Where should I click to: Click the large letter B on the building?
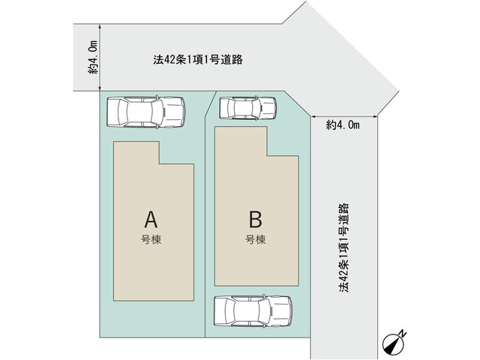[255, 219]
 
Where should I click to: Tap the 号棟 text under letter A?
[151, 239]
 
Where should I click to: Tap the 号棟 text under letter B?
[255, 239]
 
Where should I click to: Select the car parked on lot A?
[145, 112]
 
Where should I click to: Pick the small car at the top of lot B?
[248, 108]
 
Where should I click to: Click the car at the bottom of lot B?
[253, 310]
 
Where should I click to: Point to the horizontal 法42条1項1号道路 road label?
[198, 60]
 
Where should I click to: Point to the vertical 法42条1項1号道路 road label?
[343, 248]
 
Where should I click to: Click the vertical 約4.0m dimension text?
[94, 58]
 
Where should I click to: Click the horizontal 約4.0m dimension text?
[343, 125]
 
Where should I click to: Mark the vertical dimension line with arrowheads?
[100, 58]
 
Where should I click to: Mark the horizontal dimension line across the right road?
[344, 117]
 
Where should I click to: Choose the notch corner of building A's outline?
[159, 164]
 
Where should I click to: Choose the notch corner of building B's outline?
[267, 156]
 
